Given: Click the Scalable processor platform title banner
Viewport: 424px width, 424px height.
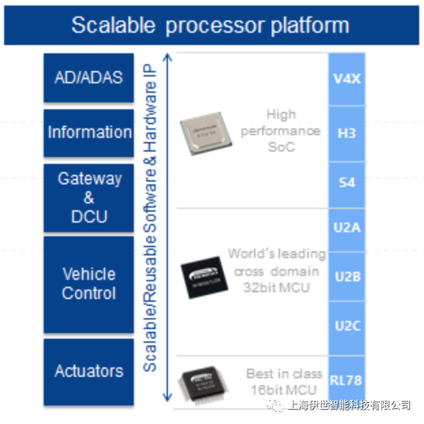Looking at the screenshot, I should click(x=211, y=26).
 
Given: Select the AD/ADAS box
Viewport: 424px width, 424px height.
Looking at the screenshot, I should click(x=89, y=76).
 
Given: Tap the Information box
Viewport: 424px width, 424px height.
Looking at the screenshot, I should click(x=89, y=132).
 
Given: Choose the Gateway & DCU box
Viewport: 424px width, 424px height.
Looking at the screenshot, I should click(x=89, y=198).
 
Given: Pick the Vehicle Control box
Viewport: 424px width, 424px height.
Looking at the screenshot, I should click(x=89, y=284).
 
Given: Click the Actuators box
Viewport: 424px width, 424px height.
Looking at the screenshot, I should click(x=89, y=371).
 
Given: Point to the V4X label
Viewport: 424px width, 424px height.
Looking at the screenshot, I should click(x=347, y=79).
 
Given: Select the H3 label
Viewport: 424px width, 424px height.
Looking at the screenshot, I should click(x=347, y=133).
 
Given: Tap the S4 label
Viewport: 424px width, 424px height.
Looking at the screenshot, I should click(x=347, y=183).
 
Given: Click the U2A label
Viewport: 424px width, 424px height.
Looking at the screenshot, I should click(x=347, y=228).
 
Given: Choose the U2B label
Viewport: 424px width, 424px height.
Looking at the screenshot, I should click(x=347, y=277).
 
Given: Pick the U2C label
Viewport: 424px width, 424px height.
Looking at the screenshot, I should click(x=347, y=326).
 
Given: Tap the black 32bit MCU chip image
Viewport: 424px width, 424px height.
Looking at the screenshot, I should click(x=201, y=277).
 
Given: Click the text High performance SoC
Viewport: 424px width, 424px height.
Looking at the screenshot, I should click(x=281, y=130).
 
